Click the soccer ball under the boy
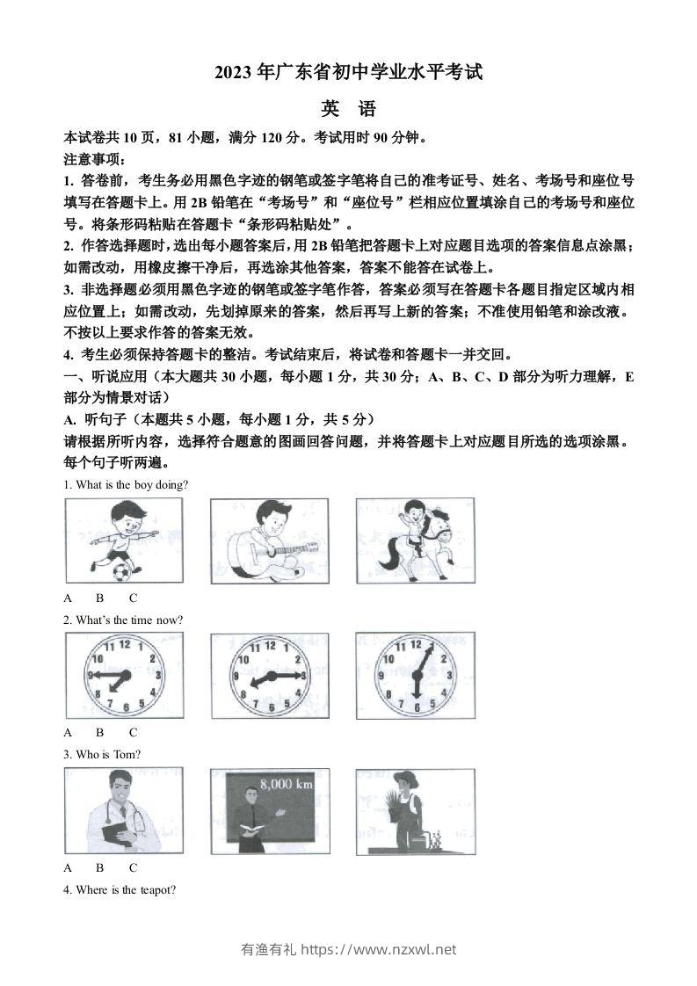tap(121, 572)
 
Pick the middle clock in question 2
tap(269, 675)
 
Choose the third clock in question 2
tap(415, 675)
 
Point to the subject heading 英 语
tap(348, 110)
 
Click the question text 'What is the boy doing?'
tap(126, 484)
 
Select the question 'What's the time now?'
tap(123, 620)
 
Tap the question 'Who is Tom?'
tap(102, 754)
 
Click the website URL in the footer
tap(379, 949)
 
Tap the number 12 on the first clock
tap(124, 643)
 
